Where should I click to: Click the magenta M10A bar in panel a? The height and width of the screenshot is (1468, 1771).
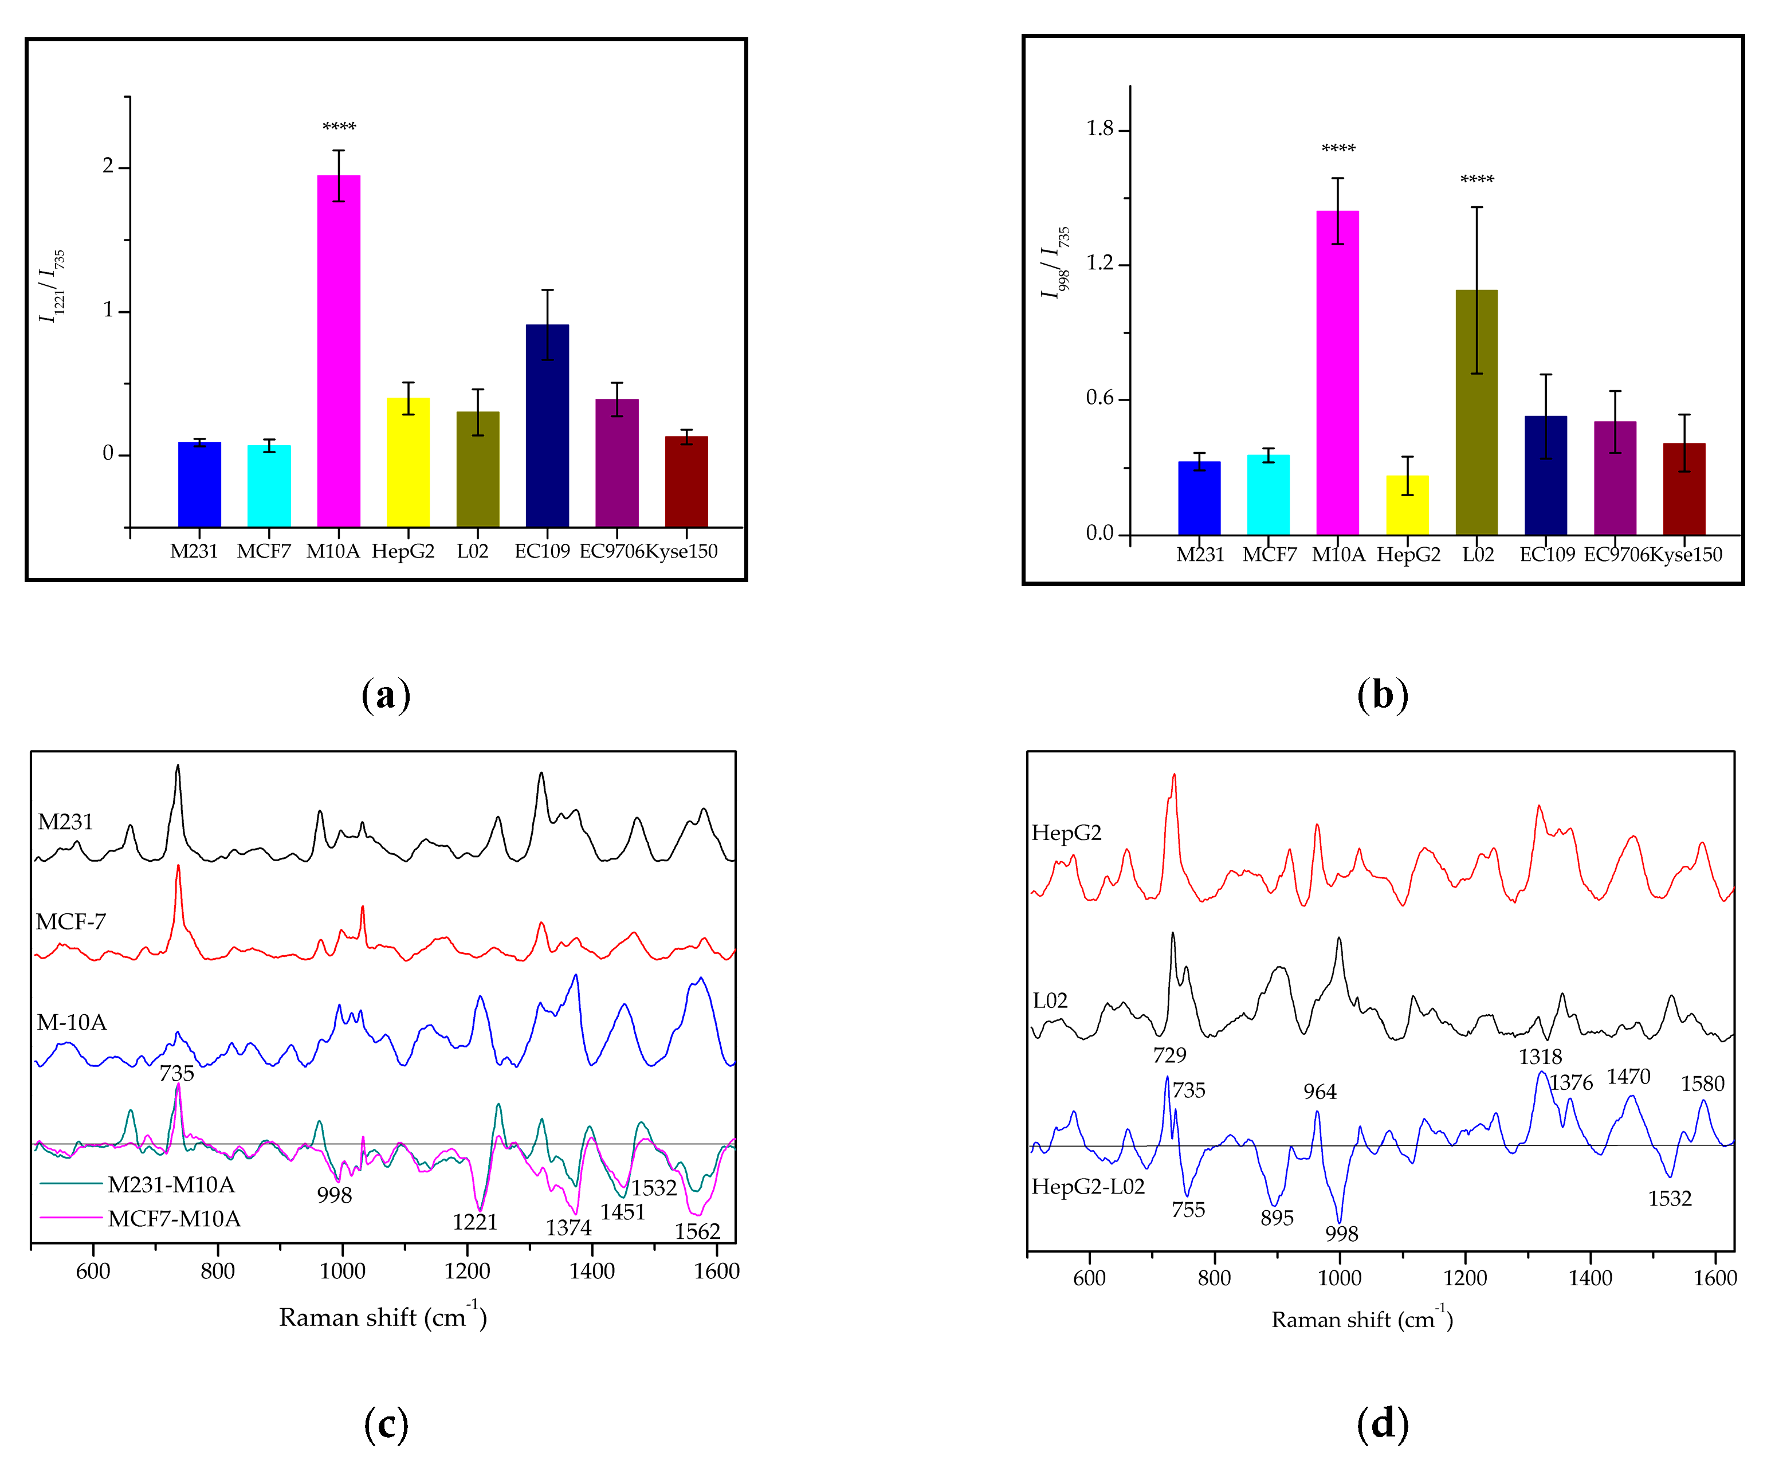338,350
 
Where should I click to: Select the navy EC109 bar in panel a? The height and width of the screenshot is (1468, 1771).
547,425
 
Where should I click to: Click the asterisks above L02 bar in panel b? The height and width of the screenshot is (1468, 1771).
1477,179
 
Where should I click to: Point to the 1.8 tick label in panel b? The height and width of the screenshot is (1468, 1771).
1099,129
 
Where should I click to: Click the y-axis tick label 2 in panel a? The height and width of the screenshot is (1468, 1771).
108,166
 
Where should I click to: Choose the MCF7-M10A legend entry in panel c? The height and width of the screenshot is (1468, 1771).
174,1218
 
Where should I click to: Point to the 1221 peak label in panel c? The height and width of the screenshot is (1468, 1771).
475,1222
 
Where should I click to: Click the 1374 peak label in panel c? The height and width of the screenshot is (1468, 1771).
568,1228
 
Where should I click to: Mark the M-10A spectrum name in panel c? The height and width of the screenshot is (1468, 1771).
72,1023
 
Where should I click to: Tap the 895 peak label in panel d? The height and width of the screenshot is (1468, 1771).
1277,1218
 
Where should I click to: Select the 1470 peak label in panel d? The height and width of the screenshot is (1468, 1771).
1628,1077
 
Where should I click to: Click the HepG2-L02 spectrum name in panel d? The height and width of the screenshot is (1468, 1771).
1088,1186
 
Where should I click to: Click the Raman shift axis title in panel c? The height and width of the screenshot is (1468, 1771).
383,1317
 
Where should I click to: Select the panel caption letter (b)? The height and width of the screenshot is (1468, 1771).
1382,695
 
